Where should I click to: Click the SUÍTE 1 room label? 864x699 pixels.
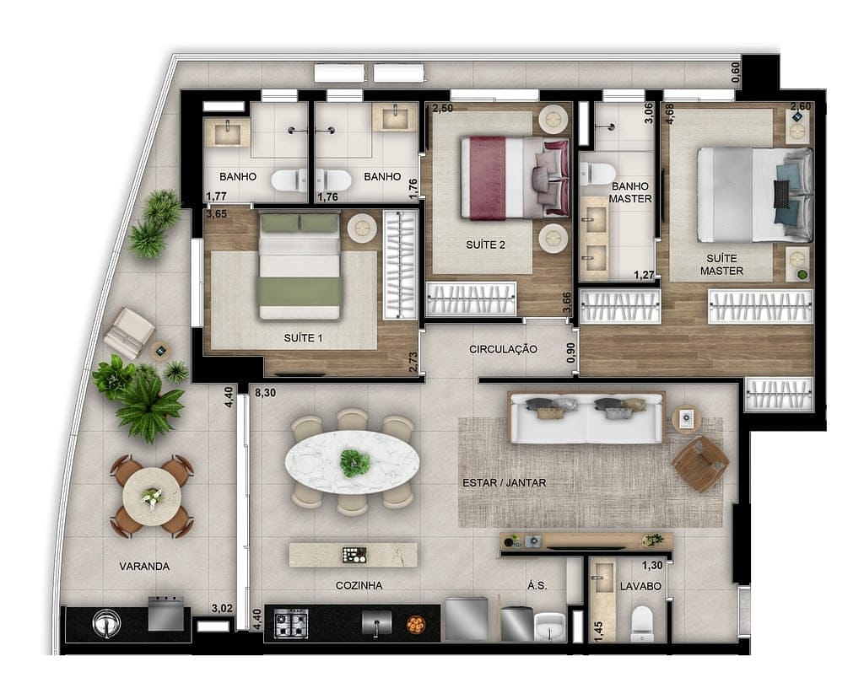(303, 338)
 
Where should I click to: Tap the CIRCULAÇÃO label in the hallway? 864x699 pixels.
(503, 349)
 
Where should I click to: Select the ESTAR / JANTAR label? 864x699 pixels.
(505, 483)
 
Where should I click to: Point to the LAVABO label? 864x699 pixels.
(640, 585)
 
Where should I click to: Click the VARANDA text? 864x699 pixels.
(143, 567)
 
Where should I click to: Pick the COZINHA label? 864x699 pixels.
(359, 585)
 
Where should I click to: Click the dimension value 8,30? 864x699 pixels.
(265, 392)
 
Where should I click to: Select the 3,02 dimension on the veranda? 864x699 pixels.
(222, 608)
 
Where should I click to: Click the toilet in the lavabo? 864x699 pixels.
(643, 625)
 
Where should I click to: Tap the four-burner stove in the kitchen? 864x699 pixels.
(291, 623)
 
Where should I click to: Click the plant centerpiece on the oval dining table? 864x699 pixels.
(354, 462)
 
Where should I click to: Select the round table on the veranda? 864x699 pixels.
(152, 497)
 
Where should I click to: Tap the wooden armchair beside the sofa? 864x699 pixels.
(699, 464)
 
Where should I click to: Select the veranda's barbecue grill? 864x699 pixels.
(165, 614)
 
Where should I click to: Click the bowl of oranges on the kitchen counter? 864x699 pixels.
(415, 624)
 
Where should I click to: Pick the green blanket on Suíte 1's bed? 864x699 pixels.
(300, 292)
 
